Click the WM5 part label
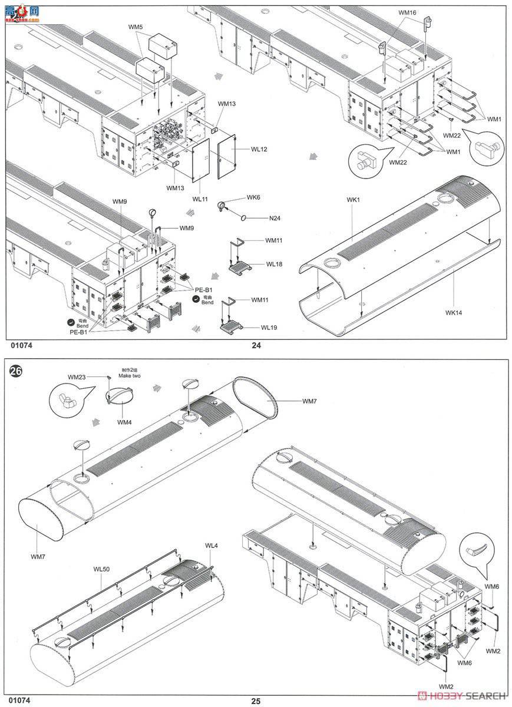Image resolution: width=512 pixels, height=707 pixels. click(x=136, y=27)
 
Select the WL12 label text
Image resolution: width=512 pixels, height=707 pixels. click(x=259, y=149)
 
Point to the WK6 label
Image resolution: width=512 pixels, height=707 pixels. click(x=253, y=197)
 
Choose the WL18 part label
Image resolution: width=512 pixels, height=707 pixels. click(x=274, y=264)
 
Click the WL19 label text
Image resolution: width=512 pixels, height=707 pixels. click(x=269, y=328)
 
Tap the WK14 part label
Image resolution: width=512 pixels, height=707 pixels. click(x=454, y=312)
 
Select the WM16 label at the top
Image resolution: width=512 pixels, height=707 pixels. click(x=407, y=12)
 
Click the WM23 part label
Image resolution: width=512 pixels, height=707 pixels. click(x=77, y=376)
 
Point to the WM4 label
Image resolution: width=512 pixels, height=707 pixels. click(x=124, y=422)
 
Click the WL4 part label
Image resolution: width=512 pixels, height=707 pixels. click(x=212, y=546)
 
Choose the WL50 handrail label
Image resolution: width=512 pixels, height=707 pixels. click(x=101, y=569)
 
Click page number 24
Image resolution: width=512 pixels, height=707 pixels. click(x=256, y=346)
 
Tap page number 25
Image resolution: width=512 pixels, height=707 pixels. click(x=256, y=701)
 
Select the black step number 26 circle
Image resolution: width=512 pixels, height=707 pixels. click(x=16, y=372)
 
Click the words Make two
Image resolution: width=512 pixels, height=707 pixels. click(x=128, y=375)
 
